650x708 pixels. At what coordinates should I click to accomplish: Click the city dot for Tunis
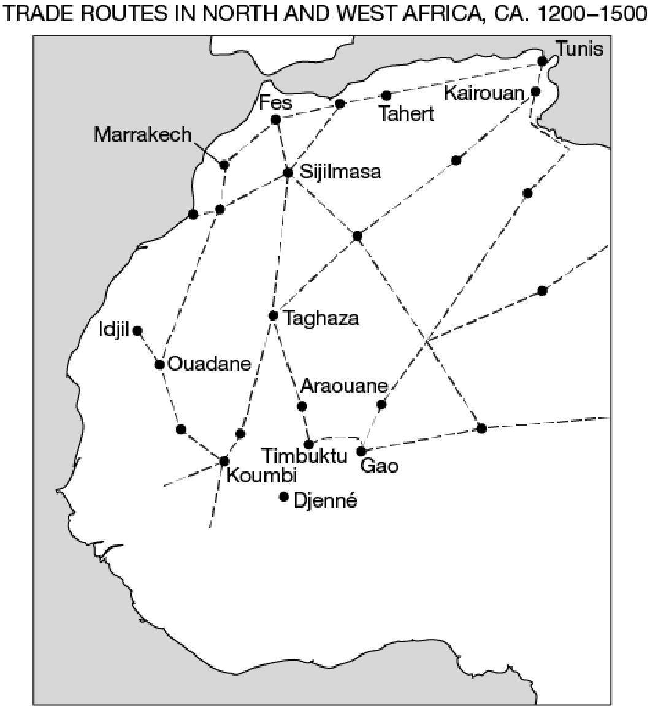(x=541, y=61)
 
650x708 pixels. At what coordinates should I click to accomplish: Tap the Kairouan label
(x=484, y=93)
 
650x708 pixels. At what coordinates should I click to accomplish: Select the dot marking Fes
(x=275, y=120)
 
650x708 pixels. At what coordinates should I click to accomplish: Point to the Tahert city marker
(x=386, y=96)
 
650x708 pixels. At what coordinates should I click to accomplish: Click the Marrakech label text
(x=143, y=135)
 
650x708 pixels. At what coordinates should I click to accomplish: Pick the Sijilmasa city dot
(x=288, y=173)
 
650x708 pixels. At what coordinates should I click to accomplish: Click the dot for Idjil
(x=137, y=330)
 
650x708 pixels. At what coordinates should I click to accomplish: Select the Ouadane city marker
(x=159, y=364)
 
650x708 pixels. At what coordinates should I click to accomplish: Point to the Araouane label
(x=344, y=386)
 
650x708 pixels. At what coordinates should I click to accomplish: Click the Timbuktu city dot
(x=309, y=444)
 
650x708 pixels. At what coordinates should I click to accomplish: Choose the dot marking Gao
(x=361, y=452)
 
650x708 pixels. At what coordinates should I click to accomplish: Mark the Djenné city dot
(x=283, y=497)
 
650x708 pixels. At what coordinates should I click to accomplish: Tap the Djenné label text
(x=326, y=501)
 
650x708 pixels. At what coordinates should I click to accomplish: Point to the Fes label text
(x=275, y=102)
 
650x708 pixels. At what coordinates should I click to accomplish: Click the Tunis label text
(x=579, y=49)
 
